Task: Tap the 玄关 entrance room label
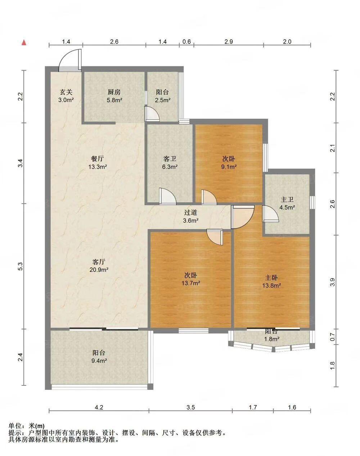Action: [66, 92]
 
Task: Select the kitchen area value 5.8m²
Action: [114, 100]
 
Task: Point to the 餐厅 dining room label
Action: [97, 158]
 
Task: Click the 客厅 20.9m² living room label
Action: [99, 266]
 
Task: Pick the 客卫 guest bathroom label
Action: [170, 159]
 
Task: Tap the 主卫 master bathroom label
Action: [287, 199]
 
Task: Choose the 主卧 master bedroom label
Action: [271, 277]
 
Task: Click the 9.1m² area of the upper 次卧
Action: [229, 167]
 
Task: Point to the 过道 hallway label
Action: [190, 212]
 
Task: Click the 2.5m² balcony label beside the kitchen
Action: [163, 100]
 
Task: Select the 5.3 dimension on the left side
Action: [20, 266]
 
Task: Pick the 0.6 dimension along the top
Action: [186, 41]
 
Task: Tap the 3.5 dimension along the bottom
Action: [190, 407]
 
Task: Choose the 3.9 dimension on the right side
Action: [332, 282]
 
